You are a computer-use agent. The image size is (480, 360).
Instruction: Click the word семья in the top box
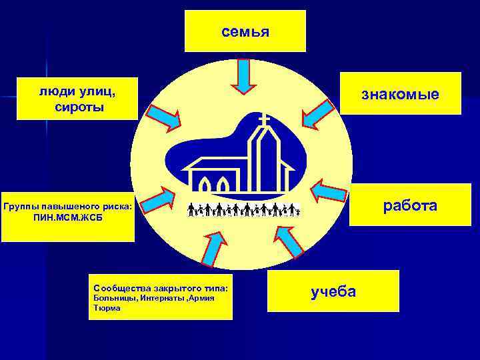(245, 31)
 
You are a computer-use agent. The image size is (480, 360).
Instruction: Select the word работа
(409, 205)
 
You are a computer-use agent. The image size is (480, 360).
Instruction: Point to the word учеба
(333, 291)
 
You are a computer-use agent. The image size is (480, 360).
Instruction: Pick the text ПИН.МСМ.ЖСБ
(69, 218)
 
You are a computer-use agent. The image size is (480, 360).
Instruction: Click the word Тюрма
(108, 308)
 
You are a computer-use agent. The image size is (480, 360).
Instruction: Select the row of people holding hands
(243, 209)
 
